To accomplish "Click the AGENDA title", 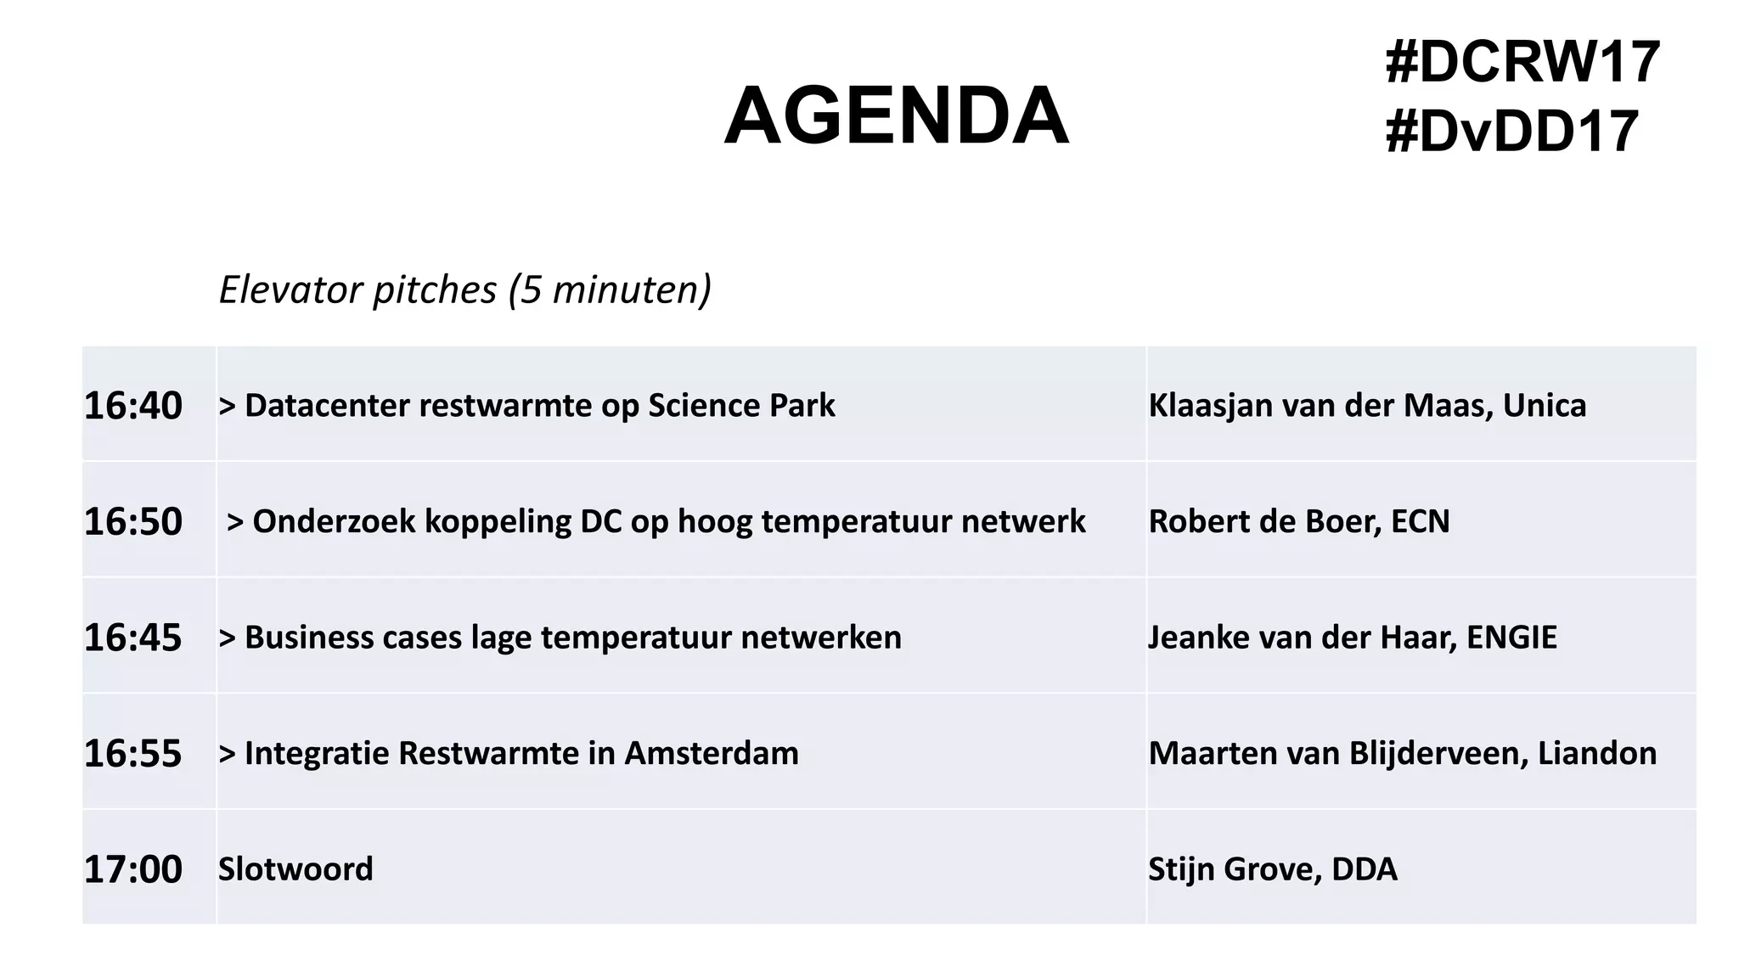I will point(896,116).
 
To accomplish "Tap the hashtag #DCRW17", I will point(1522,63).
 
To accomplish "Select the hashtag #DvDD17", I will point(1511,132).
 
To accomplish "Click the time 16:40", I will point(132,406).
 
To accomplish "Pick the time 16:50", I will point(132,521).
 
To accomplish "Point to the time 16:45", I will point(132,638).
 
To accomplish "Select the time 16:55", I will point(132,754).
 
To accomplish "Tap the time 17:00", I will point(132,869).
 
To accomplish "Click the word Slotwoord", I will point(295,869).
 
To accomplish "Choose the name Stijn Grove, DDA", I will point(1272,869).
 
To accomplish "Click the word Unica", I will point(1544,406).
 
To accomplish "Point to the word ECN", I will point(1420,521).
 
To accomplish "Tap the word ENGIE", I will point(1511,638).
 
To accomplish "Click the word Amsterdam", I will point(712,754).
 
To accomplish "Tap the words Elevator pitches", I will point(357,290).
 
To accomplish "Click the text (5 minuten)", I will point(610,290).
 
